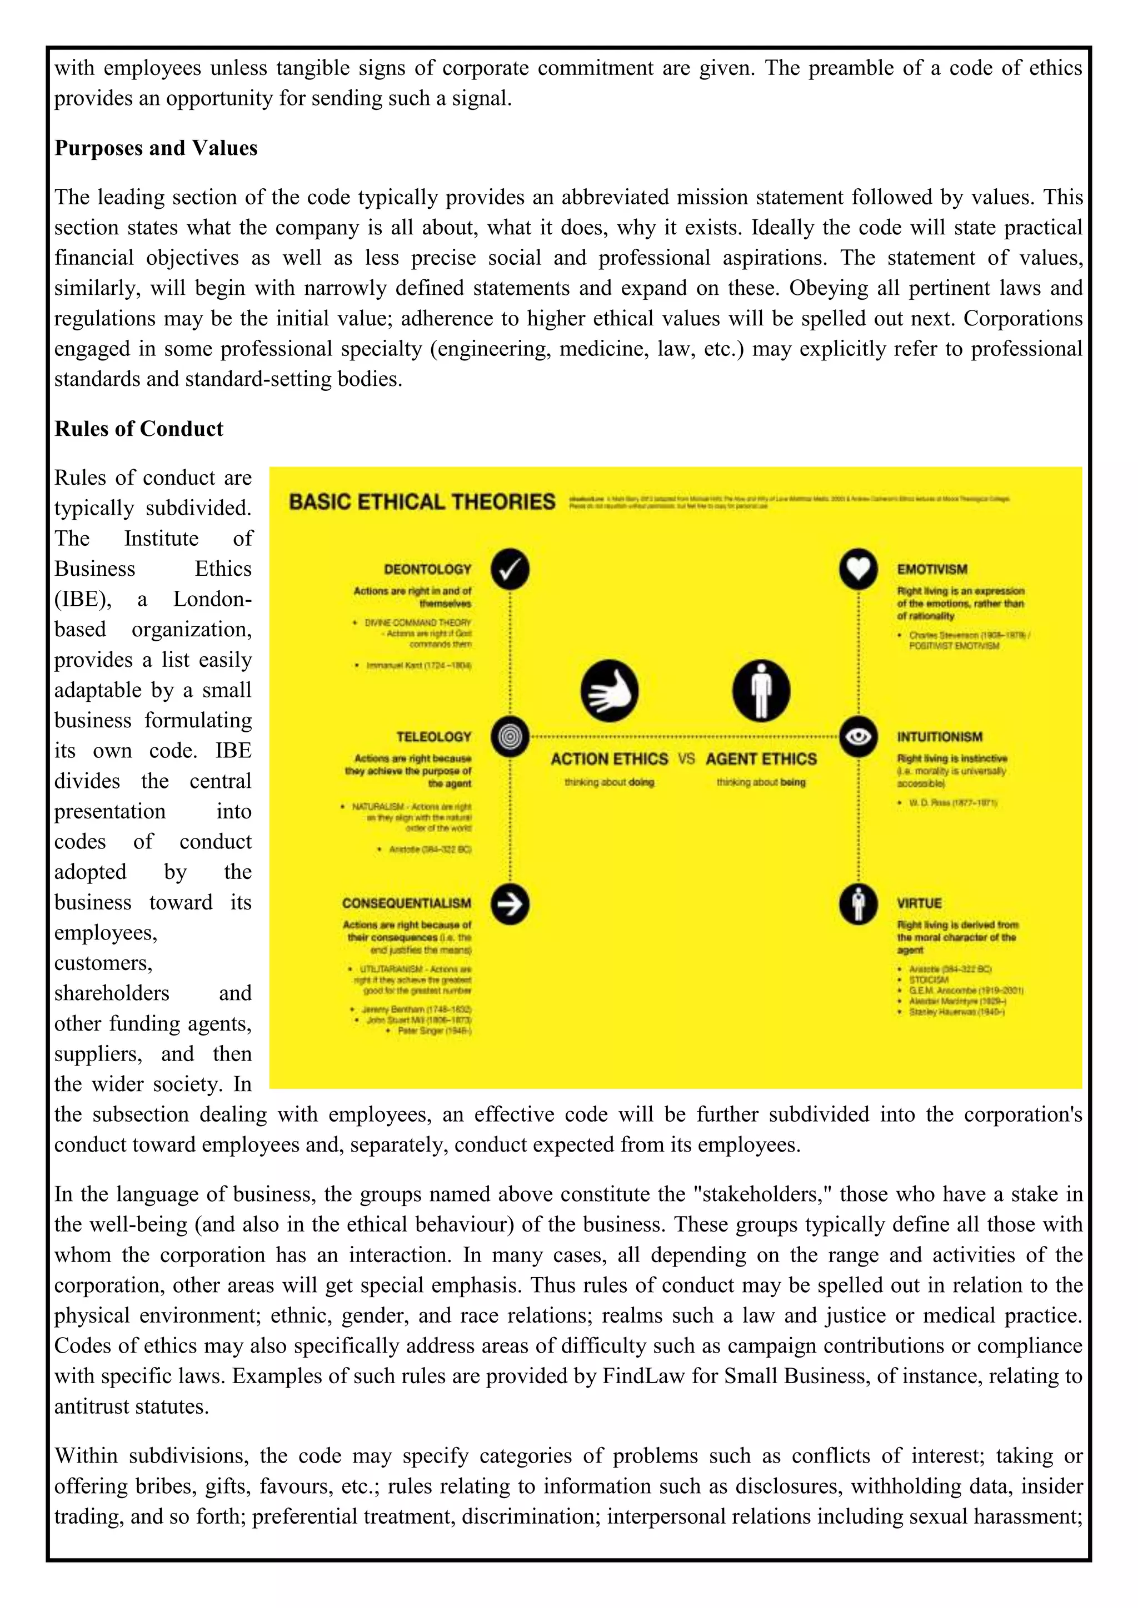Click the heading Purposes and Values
pyautogui.click(x=156, y=148)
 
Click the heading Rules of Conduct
pyautogui.click(x=139, y=429)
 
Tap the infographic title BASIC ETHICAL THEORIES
pyautogui.click(x=421, y=502)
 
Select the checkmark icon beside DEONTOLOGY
pyautogui.click(x=510, y=569)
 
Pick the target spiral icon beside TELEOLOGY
pyautogui.click(x=510, y=736)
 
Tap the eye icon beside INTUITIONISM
pyautogui.click(x=858, y=736)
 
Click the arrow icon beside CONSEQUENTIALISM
pyautogui.click(x=510, y=904)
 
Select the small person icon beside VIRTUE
pyautogui.click(x=858, y=904)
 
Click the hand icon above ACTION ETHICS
pyautogui.click(x=609, y=691)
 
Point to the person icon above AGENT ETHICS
pyautogui.click(x=761, y=691)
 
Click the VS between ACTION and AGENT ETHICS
pyautogui.click(x=686, y=758)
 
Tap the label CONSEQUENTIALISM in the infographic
pyautogui.click(x=406, y=903)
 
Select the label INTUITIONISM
pyautogui.click(x=939, y=737)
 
